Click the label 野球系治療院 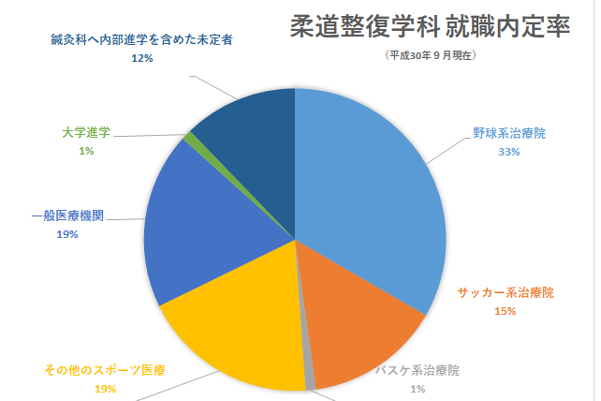click(508, 134)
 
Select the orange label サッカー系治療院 click(505, 294)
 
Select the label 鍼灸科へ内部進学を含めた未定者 click(141, 40)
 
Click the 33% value click(508, 152)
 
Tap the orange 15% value click(506, 311)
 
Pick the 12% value click(141, 58)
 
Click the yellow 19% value click(105, 388)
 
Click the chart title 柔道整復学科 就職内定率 click(430, 26)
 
